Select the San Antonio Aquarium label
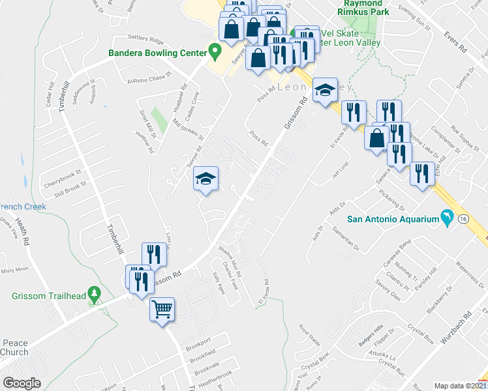[391, 219]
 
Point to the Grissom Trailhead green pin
[94, 296]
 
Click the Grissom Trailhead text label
[49, 296]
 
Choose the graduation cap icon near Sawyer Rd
[206, 178]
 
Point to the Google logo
[22, 383]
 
